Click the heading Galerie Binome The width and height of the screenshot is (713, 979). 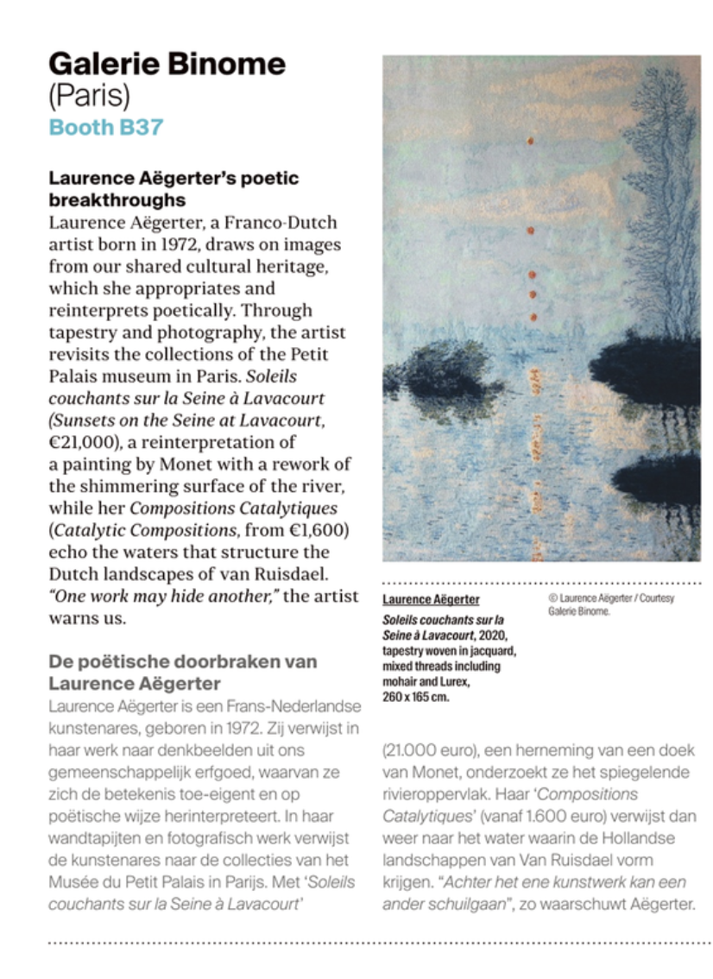(166, 64)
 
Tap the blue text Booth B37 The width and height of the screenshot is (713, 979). (105, 127)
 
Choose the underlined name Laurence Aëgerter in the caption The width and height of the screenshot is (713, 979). (431, 599)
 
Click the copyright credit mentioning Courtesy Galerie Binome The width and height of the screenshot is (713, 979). (610, 604)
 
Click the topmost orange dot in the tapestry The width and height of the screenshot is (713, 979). (531, 140)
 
